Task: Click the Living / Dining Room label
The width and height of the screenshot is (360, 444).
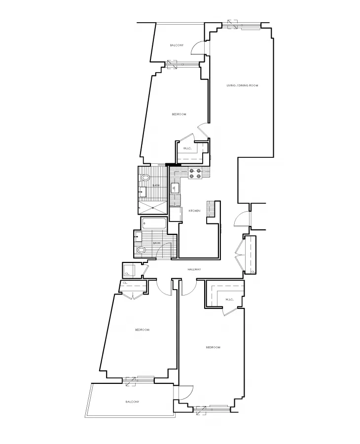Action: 242,85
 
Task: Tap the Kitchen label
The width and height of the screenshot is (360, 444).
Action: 194,211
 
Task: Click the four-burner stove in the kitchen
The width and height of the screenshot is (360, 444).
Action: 194,174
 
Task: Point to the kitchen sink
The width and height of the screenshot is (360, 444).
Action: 175,188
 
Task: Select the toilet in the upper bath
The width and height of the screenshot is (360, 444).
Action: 145,178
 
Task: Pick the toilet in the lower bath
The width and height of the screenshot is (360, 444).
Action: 142,251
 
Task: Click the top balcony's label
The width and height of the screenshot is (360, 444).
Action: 177,45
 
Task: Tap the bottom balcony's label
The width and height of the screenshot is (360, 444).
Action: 132,402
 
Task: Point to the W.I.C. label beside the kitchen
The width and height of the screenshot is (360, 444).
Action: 187,148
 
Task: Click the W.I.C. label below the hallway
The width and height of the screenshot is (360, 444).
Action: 229,299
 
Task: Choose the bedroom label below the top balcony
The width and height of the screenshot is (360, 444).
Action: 179,114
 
